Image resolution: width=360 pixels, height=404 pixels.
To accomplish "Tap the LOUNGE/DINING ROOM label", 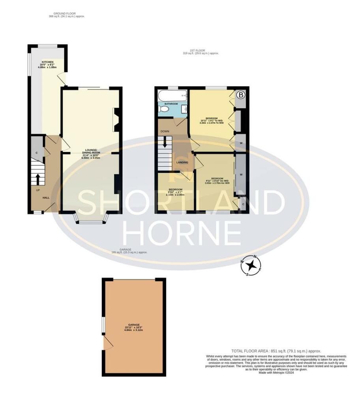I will click(x=91, y=151).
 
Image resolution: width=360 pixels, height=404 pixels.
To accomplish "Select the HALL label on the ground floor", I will click(x=46, y=197).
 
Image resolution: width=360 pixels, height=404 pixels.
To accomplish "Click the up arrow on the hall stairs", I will click(x=38, y=180).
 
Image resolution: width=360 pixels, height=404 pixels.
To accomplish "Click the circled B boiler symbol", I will click(x=240, y=95).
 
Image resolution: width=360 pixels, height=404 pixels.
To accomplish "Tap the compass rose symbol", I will click(x=251, y=265).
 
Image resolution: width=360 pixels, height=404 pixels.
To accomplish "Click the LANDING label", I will click(x=182, y=162).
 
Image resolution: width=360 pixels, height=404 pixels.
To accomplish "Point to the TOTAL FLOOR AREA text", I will click(x=276, y=351).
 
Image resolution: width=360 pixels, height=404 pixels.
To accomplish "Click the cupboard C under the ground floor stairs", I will click(x=37, y=152).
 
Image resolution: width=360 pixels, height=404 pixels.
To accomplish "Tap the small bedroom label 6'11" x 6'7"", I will click(x=176, y=191).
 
